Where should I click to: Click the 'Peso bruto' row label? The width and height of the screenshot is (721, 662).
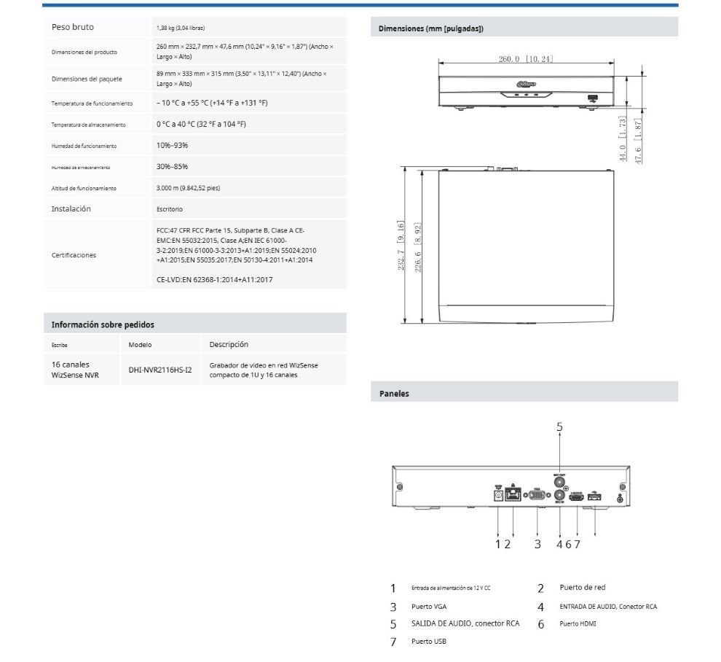73,27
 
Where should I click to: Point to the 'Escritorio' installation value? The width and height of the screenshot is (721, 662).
170,209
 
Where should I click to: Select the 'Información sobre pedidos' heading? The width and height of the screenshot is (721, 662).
103,324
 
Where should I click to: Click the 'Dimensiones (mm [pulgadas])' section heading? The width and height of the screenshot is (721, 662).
431,28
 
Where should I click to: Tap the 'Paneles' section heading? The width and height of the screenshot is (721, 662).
395,393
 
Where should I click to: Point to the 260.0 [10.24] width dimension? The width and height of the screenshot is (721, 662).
526,58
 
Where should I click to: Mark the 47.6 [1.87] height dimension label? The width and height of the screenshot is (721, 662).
638,141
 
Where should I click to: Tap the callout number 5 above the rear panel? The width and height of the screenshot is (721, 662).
559,427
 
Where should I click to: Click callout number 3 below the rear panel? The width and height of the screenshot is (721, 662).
537,544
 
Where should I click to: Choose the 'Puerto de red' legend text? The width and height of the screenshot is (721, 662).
583,588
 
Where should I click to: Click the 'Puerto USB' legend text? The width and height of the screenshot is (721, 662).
429,642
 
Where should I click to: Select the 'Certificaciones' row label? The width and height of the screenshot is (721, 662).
74,255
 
